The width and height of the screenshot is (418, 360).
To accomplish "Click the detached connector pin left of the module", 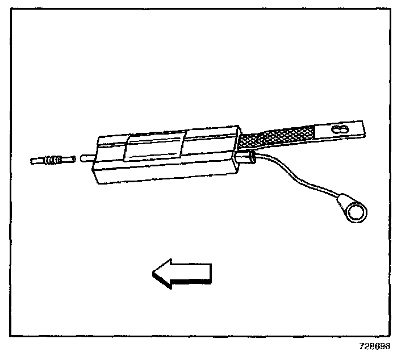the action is point(52,160).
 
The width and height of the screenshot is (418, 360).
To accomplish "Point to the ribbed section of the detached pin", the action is point(54,160).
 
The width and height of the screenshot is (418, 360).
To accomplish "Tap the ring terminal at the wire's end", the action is point(355,212).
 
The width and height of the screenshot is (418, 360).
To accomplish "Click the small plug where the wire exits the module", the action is point(250,157).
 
